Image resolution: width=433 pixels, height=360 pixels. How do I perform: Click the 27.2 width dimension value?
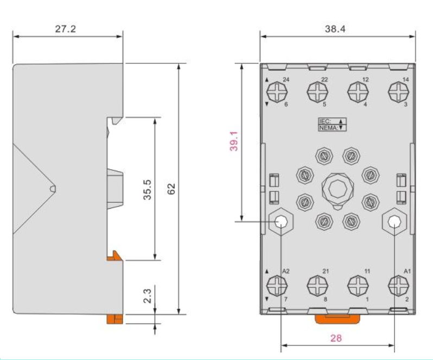tap(65, 29)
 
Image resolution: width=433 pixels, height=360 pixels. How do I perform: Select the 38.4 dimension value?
tap(335, 29)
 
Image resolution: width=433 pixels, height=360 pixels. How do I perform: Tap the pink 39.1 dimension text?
tap(234, 141)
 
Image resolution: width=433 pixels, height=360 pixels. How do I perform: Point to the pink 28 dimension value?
tap(336, 338)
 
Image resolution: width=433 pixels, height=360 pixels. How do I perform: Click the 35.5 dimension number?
tap(148, 190)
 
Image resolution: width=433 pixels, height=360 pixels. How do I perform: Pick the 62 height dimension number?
tap(171, 189)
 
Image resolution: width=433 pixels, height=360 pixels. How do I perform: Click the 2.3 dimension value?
tap(148, 295)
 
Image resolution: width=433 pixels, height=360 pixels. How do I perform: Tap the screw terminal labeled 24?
tap(277, 92)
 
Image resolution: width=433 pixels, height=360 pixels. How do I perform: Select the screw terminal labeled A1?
tap(398, 286)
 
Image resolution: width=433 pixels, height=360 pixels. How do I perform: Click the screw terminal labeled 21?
tap(317, 286)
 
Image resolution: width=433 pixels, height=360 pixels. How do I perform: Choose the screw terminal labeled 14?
tap(398, 92)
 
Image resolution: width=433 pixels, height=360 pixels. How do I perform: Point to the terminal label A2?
tap(286, 271)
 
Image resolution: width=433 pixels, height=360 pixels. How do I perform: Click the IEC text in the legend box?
tap(324, 121)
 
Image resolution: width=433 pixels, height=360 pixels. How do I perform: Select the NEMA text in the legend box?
tap(329, 128)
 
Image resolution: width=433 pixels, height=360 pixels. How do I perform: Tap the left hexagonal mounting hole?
tap(281, 221)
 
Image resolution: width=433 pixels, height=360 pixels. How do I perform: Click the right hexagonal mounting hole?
tap(394, 221)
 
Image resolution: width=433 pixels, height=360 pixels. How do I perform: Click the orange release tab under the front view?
tap(338, 319)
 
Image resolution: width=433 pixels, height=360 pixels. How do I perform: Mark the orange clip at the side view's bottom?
tap(114, 319)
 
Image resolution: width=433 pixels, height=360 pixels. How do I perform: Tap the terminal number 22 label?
tap(324, 80)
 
